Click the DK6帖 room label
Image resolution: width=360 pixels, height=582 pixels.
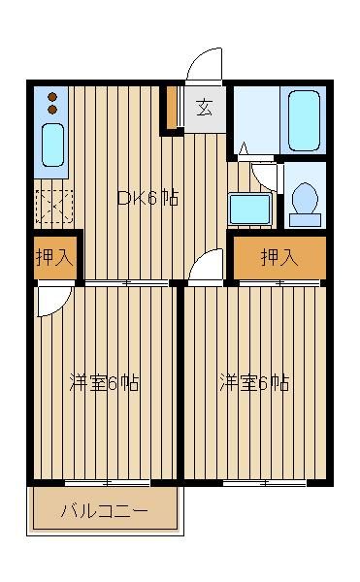pos(147,198)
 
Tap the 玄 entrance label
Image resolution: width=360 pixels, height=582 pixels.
pos(205,108)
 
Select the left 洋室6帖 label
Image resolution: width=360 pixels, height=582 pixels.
pos(104,383)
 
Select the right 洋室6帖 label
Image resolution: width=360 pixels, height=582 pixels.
pos(254,383)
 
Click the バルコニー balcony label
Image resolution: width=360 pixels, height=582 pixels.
pos(104,511)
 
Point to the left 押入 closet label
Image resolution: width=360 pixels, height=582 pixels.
pos(54,257)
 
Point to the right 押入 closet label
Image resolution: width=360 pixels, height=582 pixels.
pos(279,257)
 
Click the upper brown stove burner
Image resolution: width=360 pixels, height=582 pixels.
pos(52,97)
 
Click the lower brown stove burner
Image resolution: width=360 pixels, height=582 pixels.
pos(52,110)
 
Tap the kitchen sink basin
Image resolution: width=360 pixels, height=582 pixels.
pos(52,145)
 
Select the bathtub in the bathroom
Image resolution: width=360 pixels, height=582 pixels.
pos(304,120)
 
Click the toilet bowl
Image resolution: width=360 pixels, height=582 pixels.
pos(305,199)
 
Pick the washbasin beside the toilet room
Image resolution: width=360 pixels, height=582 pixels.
pos(249,209)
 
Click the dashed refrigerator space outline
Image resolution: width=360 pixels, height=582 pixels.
pos(54,207)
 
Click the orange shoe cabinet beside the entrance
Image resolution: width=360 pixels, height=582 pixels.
pos(172,108)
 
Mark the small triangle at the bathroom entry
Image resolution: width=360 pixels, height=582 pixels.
pos(244,148)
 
